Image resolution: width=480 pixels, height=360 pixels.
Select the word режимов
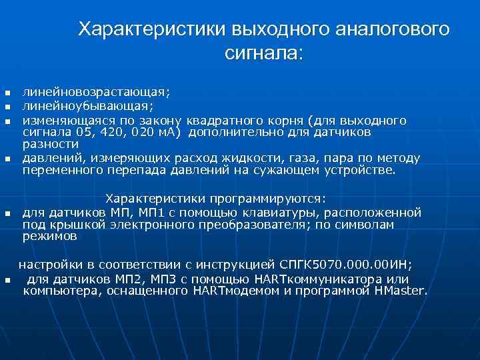(50, 236)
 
